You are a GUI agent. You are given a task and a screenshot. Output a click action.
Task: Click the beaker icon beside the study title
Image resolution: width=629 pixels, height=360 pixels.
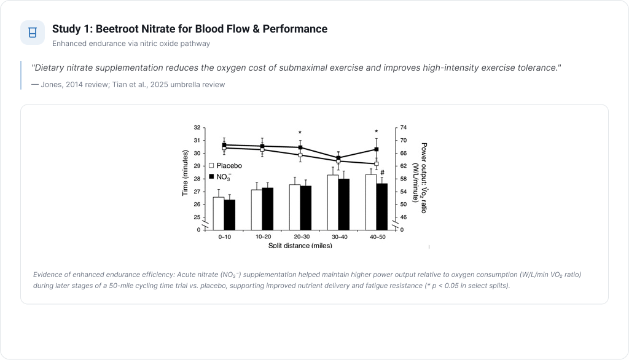tap(33, 33)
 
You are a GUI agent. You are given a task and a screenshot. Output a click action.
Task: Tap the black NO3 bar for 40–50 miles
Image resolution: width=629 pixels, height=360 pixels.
tap(381, 206)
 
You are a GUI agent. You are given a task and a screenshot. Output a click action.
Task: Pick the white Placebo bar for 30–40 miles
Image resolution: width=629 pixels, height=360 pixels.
tap(332, 202)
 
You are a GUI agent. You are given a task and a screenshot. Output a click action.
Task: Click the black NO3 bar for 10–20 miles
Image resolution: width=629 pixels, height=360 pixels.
tap(268, 208)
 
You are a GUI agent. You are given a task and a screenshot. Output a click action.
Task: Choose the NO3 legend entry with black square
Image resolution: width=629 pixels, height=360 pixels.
tap(222, 176)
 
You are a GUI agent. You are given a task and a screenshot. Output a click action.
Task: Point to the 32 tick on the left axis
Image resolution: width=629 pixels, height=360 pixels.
tap(197, 128)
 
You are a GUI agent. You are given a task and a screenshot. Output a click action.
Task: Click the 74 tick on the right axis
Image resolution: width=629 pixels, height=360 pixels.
tap(404, 128)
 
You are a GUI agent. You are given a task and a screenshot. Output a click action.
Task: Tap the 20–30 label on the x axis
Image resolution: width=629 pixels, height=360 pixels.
tap(300, 236)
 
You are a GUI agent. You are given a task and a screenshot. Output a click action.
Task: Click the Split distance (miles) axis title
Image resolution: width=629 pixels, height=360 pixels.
tap(300, 245)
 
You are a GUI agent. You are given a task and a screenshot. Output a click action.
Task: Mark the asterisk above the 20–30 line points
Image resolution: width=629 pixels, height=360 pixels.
tap(300, 133)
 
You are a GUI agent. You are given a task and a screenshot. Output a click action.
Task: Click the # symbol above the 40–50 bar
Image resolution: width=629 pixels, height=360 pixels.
tap(382, 173)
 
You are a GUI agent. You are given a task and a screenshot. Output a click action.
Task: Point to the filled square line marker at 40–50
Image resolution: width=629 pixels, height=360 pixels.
tap(376, 149)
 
